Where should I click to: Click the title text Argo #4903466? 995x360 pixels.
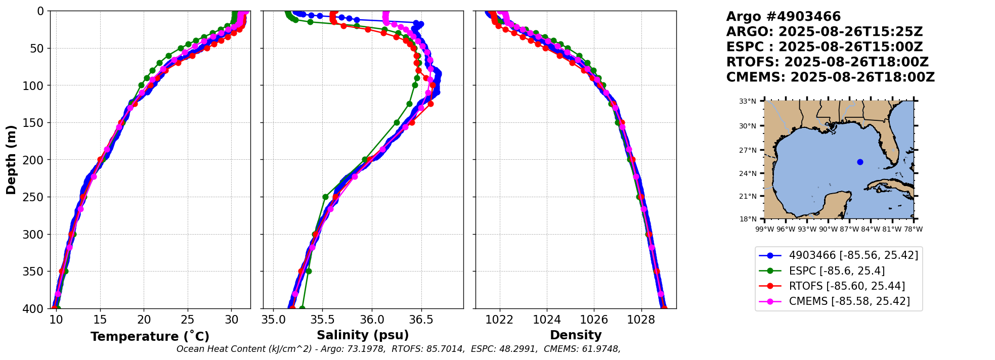pos(783,17)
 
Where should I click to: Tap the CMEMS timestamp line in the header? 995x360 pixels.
pos(830,77)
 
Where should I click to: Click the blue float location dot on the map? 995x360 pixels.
pos(860,162)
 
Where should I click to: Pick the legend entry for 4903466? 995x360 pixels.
pos(853,256)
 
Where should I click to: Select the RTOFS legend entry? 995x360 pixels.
pos(846,286)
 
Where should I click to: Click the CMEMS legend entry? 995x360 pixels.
pos(849,301)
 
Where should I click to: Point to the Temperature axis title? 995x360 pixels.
pos(150,337)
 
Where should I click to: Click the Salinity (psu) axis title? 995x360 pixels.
pos(363,335)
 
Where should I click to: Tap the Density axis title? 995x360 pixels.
pos(576,335)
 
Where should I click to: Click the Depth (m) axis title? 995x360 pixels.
pos(11,160)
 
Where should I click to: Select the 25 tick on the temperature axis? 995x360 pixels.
pos(188,320)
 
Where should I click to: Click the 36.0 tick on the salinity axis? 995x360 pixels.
pos(371,320)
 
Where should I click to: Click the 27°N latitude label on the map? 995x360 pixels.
pos(748,150)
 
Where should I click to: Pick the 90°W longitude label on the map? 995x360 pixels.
pos(828,229)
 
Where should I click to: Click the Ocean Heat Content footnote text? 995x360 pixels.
pos(398,349)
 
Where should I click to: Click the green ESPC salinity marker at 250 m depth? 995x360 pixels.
pos(325,197)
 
